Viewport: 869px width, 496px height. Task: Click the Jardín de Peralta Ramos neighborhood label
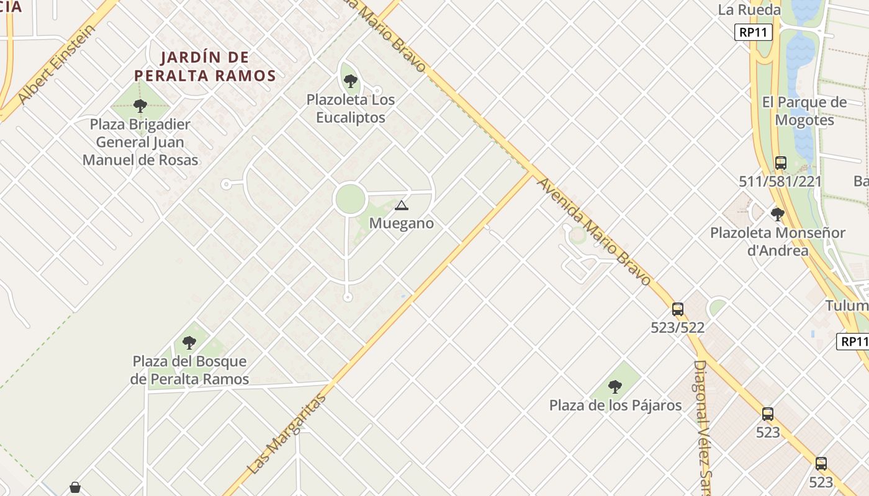(x=205, y=66)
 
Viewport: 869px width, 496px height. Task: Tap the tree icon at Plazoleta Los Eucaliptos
(x=350, y=81)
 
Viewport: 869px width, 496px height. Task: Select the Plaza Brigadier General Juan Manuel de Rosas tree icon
(x=140, y=105)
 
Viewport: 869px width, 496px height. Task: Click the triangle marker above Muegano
(x=401, y=205)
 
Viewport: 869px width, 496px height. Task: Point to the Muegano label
(x=401, y=223)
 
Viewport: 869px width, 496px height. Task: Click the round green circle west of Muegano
(x=349, y=199)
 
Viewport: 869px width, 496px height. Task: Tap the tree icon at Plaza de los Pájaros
(x=615, y=387)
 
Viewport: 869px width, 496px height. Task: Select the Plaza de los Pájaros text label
(x=615, y=405)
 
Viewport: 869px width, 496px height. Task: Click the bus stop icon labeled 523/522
(x=677, y=309)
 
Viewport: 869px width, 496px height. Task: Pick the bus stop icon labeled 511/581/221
(x=780, y=163)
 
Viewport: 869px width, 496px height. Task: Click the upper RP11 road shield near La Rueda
(x=753, y=32)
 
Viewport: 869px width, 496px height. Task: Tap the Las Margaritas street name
(x=287, y=433)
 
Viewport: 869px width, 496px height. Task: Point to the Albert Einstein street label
(x=57, y=64)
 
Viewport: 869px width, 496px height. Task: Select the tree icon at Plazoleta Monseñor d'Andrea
(x=777, y=215)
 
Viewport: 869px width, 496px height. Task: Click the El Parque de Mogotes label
(x=804, y=111)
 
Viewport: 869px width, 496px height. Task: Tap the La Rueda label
(x=749, y=10)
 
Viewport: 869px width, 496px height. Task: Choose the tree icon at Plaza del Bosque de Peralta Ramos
(x=189, y=342)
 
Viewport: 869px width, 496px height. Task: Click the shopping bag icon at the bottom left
(x=75, y=487)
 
